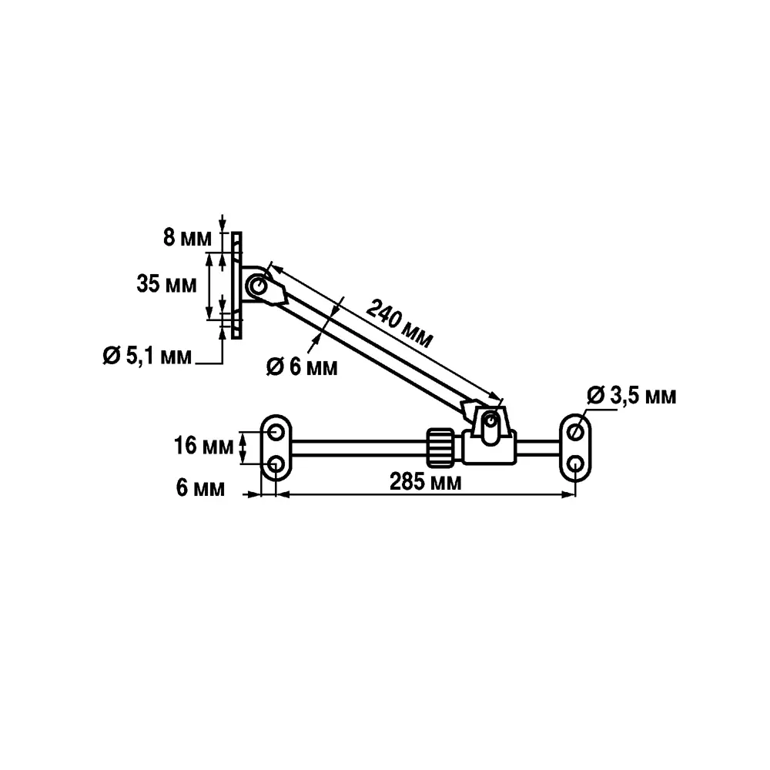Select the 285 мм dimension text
click(425, 482)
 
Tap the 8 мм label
click(187, 238)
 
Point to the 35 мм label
click(166, 284)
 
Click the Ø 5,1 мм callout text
click(147, 356)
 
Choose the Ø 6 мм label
click(302, 367)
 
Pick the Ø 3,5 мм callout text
click(631, 395)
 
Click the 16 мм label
click(203, 446)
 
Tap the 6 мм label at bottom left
click(200, 488)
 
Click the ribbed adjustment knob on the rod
click(440, 447)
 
